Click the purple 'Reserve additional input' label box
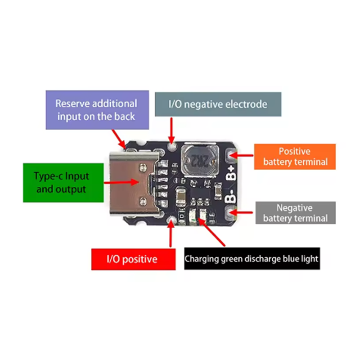coord(97,110)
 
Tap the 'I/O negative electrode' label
coord(218,104)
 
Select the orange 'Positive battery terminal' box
coord(295,157)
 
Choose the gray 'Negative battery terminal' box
coord(296,213)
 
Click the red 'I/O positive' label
coord(133,259)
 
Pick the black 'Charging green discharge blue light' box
coord(252,258)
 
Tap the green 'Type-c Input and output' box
coord(63,183)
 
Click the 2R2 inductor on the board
coord(199,160)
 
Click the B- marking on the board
coord(230,197)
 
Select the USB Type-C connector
coord(134,184)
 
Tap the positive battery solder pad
coord(231,155)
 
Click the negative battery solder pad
coord(230,212)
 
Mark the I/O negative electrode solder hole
coord(172,147)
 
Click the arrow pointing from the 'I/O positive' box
coord(171,234)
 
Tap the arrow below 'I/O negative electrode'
coord(171,131)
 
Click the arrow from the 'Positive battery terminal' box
coord(241,155)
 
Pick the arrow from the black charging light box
coord(211,232)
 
